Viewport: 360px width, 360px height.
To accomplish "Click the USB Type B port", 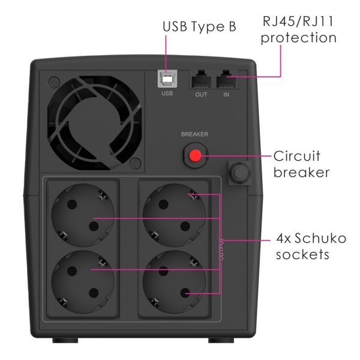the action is pos(167,79).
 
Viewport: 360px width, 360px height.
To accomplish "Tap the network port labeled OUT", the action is pos(202,79).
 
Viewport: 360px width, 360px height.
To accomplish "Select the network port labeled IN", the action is pos(226,79).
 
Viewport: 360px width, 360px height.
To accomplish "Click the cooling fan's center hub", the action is pos(94,122).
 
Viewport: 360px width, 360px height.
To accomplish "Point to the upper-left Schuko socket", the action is pos(83,215).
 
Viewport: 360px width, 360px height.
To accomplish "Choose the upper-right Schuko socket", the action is pos(174,215).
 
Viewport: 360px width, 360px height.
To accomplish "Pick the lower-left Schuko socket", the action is pos(83,282).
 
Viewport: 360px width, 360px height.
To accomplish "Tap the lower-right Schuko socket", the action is pos(174,282).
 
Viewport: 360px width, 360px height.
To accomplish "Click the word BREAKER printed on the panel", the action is pos(194,134).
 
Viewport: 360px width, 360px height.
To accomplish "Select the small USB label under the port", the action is pos(167,94).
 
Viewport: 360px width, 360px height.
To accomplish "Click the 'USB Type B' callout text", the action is pos(199,26).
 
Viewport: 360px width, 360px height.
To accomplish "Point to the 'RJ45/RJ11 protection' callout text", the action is pos(298,29).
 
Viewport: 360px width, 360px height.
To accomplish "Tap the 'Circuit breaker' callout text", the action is pos(301,164).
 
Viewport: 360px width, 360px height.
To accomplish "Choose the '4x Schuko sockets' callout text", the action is pos(311,246).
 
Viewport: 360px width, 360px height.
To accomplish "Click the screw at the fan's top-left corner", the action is pos(55,82).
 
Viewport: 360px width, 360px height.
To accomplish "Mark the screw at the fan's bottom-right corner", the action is pos(136,163).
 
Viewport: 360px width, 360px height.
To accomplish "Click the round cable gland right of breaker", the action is pos(239,172).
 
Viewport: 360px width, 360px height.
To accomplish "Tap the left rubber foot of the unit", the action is pos(65,340).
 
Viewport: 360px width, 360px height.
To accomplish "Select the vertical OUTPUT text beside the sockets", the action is pos(221,249).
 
